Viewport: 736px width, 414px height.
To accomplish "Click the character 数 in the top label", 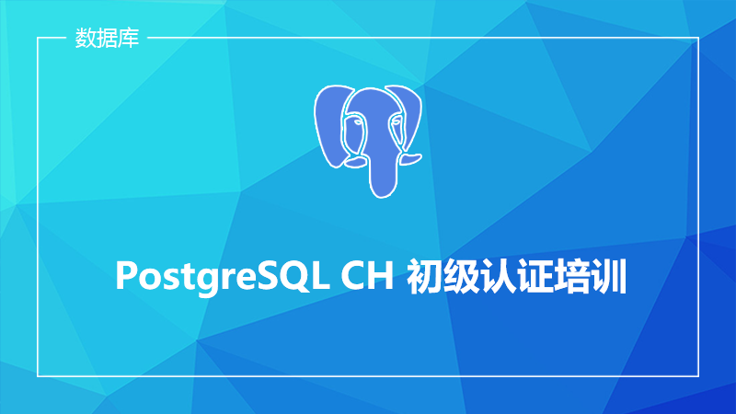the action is (86, 38).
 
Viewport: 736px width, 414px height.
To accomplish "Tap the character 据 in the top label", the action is (107, 38).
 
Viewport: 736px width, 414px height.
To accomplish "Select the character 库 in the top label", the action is (129, 38).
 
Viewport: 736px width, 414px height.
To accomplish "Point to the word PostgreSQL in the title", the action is (221, 277).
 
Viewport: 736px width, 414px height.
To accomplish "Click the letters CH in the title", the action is (367, 275).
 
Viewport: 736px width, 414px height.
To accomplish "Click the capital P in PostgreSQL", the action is (126, 275).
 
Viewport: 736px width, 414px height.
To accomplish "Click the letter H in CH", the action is (381, 275).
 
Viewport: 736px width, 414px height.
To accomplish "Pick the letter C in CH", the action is (353, 275).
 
